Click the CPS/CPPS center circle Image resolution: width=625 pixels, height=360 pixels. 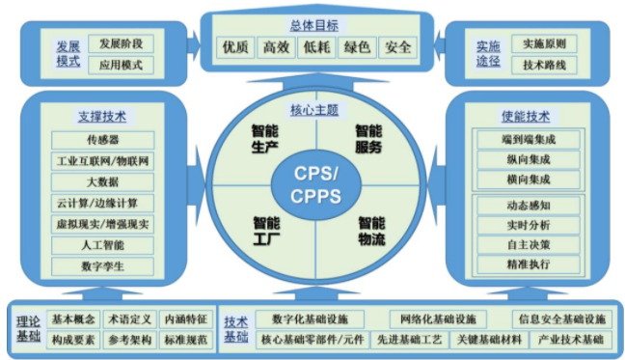pyautogui.click(x=313, y=184)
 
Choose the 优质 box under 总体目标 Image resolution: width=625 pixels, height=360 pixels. pyautogui.click(x=235, y=46)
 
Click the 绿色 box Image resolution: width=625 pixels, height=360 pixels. pyautogui.click(x=356, y=46)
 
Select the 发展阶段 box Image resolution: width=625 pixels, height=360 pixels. pyautogui.click(x=121, y=43)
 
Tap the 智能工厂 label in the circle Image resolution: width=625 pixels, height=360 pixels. pyautogui.click(x=265, y=229)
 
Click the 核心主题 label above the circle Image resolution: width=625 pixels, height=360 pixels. pyautogui.click(x=313, y=108)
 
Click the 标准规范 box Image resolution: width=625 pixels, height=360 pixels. pyautogui.click(x=183, y=340)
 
